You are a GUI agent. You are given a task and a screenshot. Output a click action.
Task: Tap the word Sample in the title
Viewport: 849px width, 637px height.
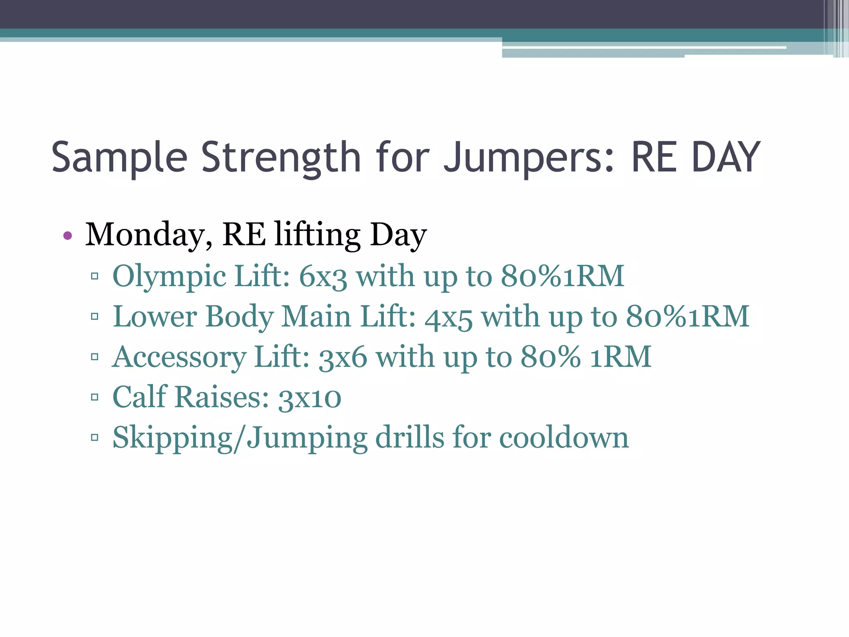pos(119,158)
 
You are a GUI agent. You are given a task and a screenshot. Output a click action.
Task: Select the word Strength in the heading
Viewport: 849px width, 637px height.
pos(281,158)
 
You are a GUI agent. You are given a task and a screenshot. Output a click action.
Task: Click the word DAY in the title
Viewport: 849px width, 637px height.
pos(726,158)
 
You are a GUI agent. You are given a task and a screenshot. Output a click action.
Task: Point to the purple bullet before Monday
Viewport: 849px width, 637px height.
pos(68,236)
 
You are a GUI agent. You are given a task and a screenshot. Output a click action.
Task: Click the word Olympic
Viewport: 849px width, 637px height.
pos(169,277)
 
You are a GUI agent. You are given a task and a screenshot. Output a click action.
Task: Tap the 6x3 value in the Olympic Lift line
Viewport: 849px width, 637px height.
pos(323,277)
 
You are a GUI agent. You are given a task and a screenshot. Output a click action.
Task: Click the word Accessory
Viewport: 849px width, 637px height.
pos(179,357)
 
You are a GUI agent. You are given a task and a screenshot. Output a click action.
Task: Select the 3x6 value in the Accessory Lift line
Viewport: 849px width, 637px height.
pos(342,357)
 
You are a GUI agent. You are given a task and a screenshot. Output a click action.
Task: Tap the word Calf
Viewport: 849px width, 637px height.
pos(139,397)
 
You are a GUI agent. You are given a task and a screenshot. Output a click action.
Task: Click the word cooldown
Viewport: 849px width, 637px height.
pos(564,438)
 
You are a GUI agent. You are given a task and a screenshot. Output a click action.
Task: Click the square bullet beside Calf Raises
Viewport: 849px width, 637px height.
pos(95,397)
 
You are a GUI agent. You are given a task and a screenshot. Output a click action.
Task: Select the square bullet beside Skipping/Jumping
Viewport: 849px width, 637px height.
pos(95,437)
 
